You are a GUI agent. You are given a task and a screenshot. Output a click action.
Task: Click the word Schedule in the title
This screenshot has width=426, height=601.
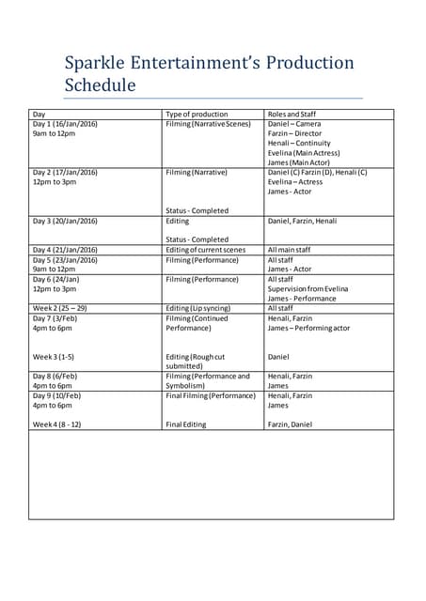pyautogui.click(x=100, y=85)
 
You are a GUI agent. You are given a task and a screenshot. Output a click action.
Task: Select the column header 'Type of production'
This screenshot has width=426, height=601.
pyautogui.click(x=197, y=114)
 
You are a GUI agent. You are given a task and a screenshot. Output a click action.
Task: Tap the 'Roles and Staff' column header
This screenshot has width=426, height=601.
pyautogui.click(x=292, y=114)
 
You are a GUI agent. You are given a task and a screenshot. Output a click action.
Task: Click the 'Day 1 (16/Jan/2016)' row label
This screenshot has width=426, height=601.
pyautogui.click(x=65, y=124)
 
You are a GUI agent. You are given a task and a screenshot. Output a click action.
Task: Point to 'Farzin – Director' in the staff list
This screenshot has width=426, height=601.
pyautogui.click(x=294, y=133)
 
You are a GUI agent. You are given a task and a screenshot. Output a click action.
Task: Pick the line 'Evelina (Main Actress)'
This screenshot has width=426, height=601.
pyautogui.click(x=304, y=153)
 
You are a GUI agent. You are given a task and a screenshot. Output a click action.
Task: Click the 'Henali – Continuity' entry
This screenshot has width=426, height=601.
pyautogui.click(x=299, y=144)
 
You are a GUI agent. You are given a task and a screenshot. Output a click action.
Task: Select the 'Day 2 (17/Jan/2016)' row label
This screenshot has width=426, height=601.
pyautogui.click(x=65, y=173)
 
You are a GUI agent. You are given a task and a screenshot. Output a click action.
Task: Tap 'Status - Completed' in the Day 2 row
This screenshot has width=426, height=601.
pyautogui.click(x=197, y=210)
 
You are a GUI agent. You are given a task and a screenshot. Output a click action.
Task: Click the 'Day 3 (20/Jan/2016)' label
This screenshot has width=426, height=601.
pyautogui.click(x=65, y=221)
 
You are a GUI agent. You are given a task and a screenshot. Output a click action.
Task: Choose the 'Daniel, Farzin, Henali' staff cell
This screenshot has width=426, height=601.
pyautogui.click(x=302, y=221)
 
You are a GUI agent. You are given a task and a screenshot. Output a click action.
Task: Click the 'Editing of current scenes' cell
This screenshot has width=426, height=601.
pyautogui.click(x=205, y=250)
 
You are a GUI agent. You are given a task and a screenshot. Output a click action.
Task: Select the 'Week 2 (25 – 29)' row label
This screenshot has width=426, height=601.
pyautogui.click(x=59, y=308)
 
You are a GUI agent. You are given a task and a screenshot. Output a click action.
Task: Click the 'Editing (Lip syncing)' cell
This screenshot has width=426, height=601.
pyautogui.click(x=199, y=308)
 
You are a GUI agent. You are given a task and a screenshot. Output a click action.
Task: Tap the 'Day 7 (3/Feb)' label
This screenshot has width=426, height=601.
pyautogui.click(x=56, y=318)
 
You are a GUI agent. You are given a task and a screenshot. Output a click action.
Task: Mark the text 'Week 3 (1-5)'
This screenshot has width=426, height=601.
pyautogui.click(x=53, y=357)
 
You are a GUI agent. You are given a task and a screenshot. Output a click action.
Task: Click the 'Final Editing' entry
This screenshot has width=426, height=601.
pyautogui.click(x=186, y=424)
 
